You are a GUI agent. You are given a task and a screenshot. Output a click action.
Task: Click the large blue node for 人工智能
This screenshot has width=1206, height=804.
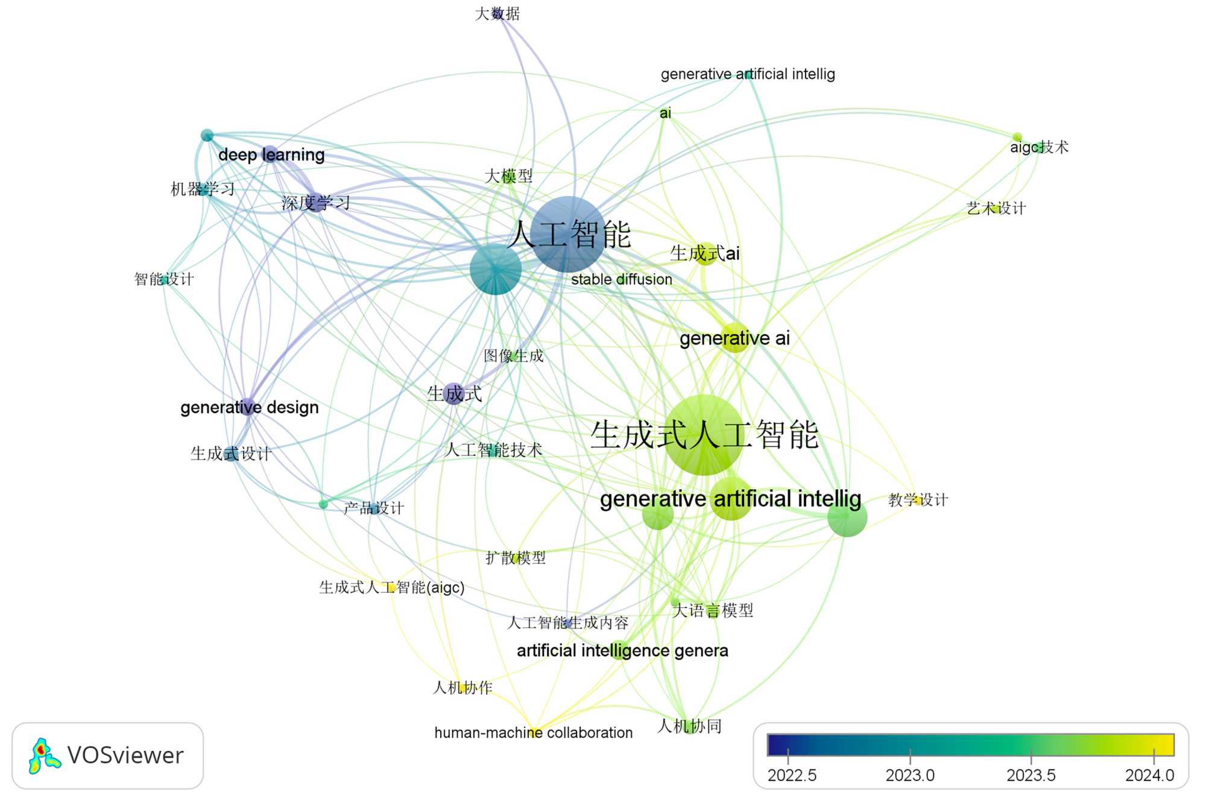pyautogui.click(x=567, y=234)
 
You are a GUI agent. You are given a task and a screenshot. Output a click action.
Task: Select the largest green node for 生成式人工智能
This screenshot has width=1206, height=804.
pyautogui.click(x=704, y=435)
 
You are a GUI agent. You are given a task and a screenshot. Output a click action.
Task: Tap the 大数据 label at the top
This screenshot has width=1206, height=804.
pyautogui.click(x=497, y=13)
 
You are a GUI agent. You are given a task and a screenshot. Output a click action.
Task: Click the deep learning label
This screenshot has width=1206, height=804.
pyautogui.click(x=271, y=155)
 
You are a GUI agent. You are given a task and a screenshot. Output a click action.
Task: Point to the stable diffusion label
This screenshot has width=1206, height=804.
pyautogui.click(x=621, y=279)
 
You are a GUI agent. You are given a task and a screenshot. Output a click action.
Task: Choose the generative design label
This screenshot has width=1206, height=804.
pyautogui.click(x=249, y=407)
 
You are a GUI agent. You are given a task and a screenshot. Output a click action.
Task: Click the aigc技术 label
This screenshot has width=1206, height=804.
pyautogui.click(x=1039, y=147)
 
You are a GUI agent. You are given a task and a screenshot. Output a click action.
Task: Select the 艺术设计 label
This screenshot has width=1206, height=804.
pyautogui.click(x=996, y=209)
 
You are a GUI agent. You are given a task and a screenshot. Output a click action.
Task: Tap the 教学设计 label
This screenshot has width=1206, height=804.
pyautogui.click(x=918, y=499)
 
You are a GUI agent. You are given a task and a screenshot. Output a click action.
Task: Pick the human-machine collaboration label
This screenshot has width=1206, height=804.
pyautogui.click(x=533, y=732)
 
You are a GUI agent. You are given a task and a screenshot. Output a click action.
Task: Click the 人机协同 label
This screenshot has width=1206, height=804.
pyautogui.click(x=689, y=726)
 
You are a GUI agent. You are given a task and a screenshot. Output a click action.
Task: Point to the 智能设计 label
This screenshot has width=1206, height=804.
pyautogui.click(x=164, y=279)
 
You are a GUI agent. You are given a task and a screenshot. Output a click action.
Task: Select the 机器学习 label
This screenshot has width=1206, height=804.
pyautogui.click(x=203, y=189)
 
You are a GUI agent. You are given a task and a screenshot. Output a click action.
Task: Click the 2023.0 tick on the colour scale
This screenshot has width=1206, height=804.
pyautogui.click(x=910, y=774)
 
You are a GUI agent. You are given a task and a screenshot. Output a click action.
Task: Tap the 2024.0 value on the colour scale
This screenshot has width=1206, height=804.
pyautogui.click(x=1149, y=774)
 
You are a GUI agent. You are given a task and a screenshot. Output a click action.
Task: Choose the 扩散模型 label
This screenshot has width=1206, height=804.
pyautogui.click(x=516, y=558)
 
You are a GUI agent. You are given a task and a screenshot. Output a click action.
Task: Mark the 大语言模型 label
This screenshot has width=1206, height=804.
pyautogui.click(x=712, y=610)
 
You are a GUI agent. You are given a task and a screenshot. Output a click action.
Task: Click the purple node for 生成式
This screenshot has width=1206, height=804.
pyautogui.click(x=453, y=394)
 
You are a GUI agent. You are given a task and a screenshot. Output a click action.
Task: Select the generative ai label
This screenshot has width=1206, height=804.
pyautogui.click(x=734, y=338)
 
